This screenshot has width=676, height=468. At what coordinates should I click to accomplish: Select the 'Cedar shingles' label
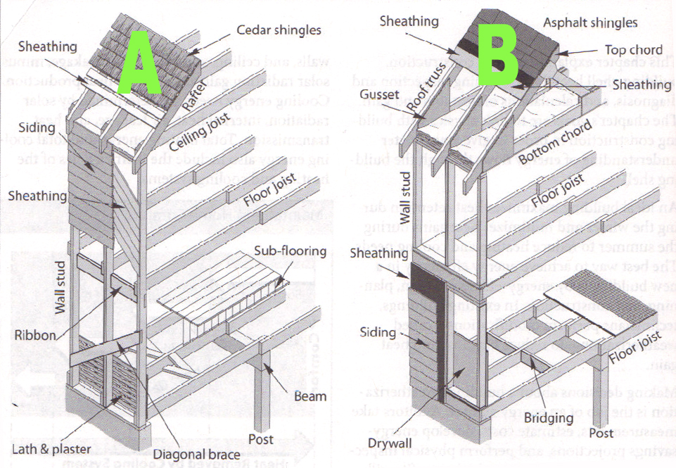tap(279, 30)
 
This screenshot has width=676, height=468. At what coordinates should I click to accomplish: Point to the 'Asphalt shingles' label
tap(590, 23)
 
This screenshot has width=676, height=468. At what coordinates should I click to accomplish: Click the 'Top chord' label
tap(634, 50)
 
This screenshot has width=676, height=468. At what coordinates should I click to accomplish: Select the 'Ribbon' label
tap(36, 335)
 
